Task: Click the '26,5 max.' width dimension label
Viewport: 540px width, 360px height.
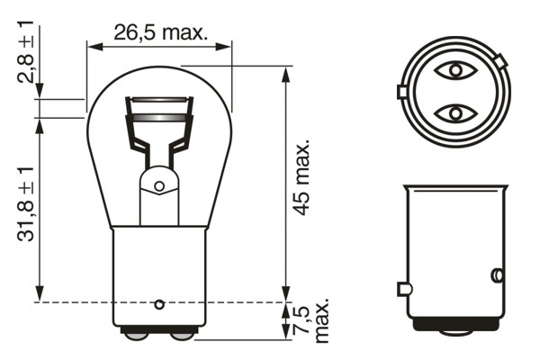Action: (161, 32)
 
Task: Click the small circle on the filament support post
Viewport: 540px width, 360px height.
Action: (159, 186)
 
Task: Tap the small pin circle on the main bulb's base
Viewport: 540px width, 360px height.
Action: (159, 302)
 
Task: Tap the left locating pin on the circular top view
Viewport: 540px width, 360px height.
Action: (400, 92)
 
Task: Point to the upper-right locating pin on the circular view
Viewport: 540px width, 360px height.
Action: (499, 62)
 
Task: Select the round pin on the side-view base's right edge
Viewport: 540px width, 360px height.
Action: (495, 274)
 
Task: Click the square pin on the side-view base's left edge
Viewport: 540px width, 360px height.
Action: (403, 289)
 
